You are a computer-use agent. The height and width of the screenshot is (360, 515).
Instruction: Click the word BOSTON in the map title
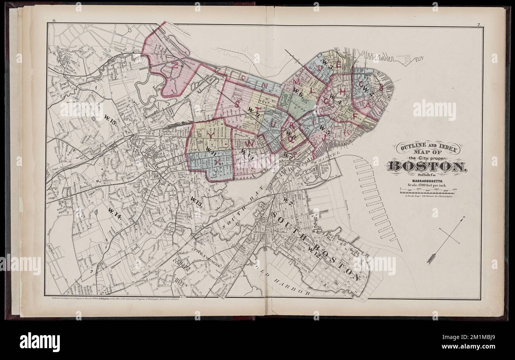[x=427, y=166]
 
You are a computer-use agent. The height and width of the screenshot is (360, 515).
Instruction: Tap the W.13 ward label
[x=196, y=204]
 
